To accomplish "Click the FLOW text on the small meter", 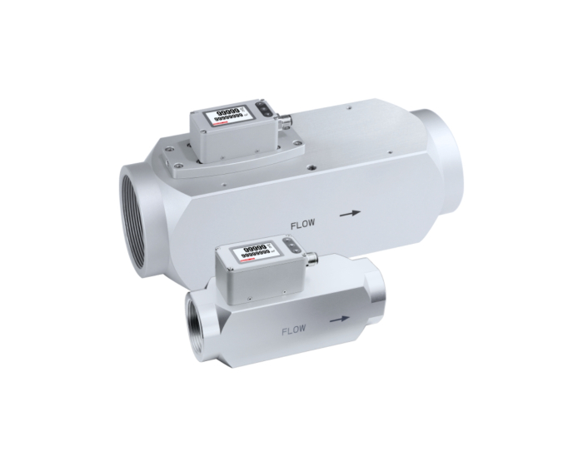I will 295,330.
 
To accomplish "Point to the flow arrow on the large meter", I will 351,213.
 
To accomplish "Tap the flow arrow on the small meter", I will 338,318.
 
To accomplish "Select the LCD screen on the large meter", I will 227,116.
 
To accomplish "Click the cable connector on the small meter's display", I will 313,259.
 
